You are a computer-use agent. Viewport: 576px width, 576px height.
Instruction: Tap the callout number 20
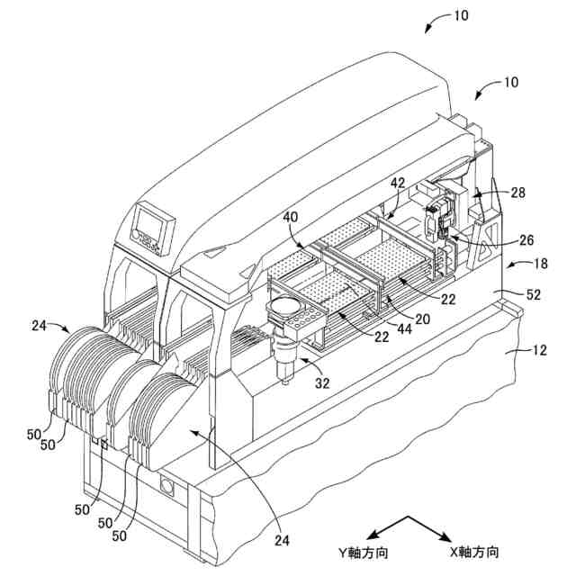pos(421,319)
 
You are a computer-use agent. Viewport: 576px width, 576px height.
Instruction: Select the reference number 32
pos(322,382)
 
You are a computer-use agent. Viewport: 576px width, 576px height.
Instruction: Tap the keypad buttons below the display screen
pos(147,241)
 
